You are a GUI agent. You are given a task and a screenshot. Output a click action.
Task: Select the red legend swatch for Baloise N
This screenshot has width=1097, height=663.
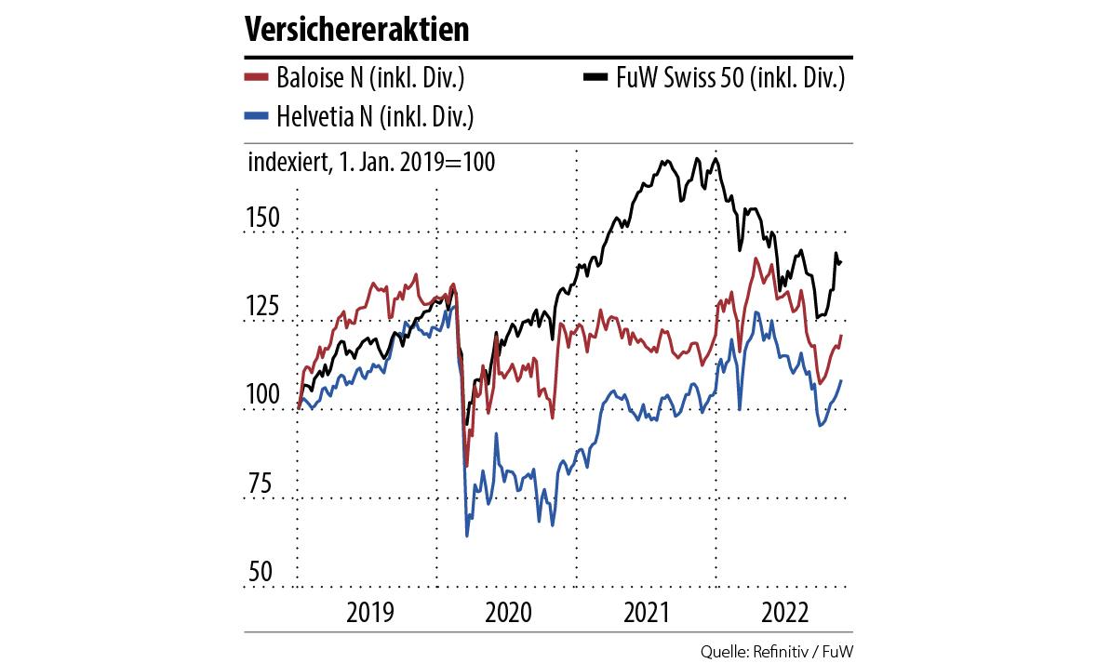(257, 78)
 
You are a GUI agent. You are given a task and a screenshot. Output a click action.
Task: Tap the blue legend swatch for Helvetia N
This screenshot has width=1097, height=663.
(257, 116)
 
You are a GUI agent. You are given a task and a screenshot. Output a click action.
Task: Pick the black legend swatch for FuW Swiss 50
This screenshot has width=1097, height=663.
(597, 78)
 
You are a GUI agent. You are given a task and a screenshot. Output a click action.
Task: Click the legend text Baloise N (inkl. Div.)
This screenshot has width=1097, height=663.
(370, 77)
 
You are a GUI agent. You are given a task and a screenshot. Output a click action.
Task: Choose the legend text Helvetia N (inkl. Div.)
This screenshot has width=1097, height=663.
(376, 115)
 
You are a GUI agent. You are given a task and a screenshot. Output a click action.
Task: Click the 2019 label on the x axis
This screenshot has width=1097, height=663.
(368, 613)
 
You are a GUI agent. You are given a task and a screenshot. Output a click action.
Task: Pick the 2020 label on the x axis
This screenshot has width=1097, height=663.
(508, 613)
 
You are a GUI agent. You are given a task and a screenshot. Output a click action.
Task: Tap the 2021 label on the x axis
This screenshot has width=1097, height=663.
(647, 613)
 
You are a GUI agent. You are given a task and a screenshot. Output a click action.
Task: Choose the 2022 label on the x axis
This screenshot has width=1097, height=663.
(783, 613)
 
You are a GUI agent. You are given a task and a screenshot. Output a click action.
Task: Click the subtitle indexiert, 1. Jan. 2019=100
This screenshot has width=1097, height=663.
(371, 162)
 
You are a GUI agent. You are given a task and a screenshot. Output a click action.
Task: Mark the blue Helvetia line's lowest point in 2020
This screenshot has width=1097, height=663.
(466, 536)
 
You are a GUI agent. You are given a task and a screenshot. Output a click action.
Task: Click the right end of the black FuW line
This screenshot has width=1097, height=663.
(841, 262)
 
